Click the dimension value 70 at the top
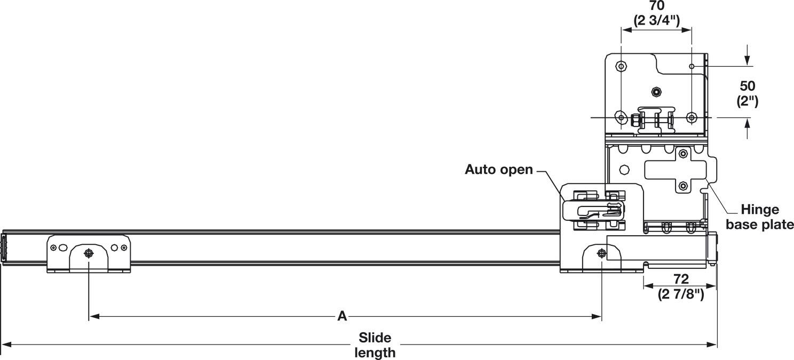(x=657, y=6)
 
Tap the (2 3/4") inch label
(x=657, y=21)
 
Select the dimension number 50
(x=748, y=86)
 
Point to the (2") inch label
(x=748, y=101)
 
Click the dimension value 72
(x=681, y=279)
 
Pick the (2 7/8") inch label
(x=681, y=294)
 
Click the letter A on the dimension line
(x=342, y=316)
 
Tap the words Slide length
(x=375, y=345)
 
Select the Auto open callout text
(x=499, y=170)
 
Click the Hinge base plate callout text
(x=760, y=217)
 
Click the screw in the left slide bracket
(x=88, y=253)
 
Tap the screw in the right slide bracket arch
(x=601, y=253)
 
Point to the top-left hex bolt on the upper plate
(x=621, y=66)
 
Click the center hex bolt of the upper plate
(x=656, y=92)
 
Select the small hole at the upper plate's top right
(x=692, y=66)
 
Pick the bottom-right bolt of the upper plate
(x=692, y=117)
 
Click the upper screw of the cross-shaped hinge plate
(x=683, y=154)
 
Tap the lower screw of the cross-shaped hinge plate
(x=683, y=186)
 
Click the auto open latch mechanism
(x=593, y=211)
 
